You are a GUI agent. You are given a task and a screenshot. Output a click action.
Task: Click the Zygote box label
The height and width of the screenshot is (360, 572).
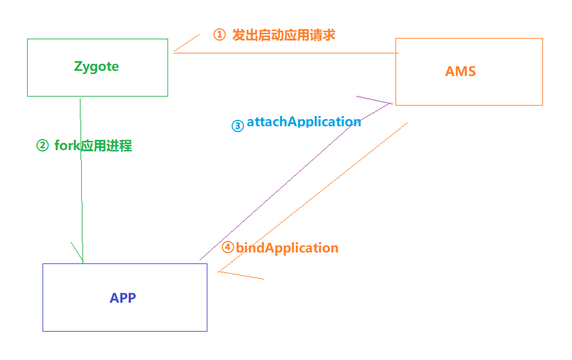[97, 66]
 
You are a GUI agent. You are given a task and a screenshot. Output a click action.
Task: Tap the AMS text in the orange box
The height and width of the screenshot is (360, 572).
[461, 71]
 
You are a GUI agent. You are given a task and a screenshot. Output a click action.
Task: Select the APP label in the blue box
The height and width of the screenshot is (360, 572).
[123, 298]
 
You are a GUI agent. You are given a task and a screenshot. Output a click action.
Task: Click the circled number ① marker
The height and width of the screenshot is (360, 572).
[220, 35]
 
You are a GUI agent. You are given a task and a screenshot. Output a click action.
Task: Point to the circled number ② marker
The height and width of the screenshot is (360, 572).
[43, 146]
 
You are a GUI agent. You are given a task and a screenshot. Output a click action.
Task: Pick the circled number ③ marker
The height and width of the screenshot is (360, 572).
[238, 126]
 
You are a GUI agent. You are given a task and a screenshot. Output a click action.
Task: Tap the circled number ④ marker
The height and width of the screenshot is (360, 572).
[227, 247]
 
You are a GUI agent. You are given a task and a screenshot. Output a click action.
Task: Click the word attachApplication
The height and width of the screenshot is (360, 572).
[303, 122]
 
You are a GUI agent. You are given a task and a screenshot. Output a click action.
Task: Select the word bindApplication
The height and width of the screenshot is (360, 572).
[287, 247]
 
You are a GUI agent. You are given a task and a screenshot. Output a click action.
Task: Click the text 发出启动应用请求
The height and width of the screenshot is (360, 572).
[283, 35]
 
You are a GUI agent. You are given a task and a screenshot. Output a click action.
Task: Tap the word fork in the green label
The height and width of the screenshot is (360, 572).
[66, 146]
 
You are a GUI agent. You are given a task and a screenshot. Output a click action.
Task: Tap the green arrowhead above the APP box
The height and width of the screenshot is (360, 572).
[77, 252]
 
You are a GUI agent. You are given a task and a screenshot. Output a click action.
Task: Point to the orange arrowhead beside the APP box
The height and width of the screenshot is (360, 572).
[242, 276]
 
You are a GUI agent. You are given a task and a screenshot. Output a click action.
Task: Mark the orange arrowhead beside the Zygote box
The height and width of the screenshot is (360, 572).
[186, 43]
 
